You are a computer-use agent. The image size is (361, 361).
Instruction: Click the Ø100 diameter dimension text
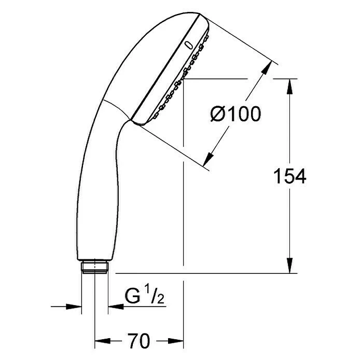coord(236,114)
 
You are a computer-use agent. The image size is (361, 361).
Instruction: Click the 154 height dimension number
coord(289,176)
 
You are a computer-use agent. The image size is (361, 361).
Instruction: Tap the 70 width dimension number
coord(139,341)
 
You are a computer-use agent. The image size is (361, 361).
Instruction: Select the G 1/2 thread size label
coord(144,295)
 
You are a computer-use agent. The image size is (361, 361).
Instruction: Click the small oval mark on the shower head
coord(189,45)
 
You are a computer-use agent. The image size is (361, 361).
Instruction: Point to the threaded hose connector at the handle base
coord(94,267)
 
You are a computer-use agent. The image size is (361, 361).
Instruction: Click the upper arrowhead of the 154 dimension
coord(289,86)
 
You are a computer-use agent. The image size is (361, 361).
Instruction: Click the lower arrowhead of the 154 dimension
coord(289,266)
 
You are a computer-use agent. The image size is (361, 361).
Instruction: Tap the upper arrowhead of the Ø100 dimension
coord(267,67)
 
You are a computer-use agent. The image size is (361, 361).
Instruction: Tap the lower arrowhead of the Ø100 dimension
coord(209,159)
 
